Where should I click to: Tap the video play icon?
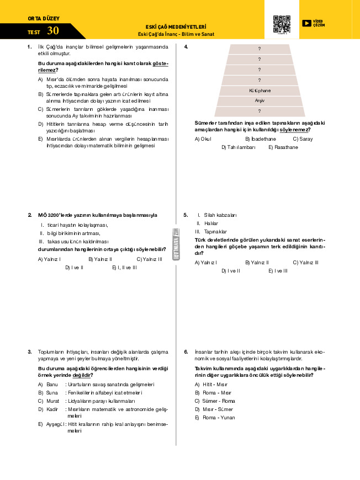tap(306, 23)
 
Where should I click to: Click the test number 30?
tap(53, 31)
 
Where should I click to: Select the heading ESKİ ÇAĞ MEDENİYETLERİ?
tap(176, 26)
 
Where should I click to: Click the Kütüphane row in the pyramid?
tap(259, 90)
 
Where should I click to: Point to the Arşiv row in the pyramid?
tap(259, 101)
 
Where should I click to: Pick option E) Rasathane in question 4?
tap(283, 147)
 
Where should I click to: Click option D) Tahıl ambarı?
tap(239, 147)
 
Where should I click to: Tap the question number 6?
tap(186, 351)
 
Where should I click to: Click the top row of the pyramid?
tap(259, 49)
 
